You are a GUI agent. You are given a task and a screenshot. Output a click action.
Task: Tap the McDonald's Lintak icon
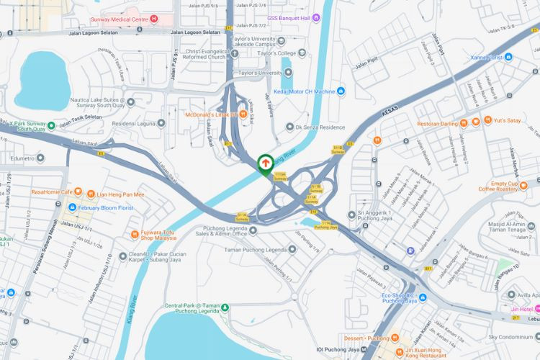tap(243, 113)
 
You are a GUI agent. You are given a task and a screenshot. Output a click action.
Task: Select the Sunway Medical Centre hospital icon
tap(154, 18)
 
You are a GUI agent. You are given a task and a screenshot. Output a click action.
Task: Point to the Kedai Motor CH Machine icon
tap(341, 91)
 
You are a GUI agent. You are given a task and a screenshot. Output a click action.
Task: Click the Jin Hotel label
tap(524, 310)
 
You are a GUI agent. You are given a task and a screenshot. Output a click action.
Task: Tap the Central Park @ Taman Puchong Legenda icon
tap(223, 307)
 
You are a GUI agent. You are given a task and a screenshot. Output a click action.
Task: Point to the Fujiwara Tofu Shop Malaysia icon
tap(135, 234)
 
